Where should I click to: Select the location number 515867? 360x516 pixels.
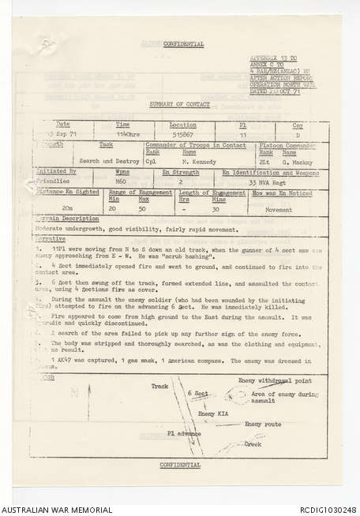pyautogui.click(x=176, y=135)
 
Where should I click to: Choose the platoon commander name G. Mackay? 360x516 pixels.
pyautogui.click(x=294, y=159)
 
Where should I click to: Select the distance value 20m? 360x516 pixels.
pyautogui.click(x=67, y=210)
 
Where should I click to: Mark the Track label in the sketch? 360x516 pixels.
pyautogui.click(x=160, y=386)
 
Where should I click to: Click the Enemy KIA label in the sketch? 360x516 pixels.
pyautogui.click(x=212, y=413)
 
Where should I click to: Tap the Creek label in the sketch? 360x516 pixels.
pyautogui.click(x=253, y=443)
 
